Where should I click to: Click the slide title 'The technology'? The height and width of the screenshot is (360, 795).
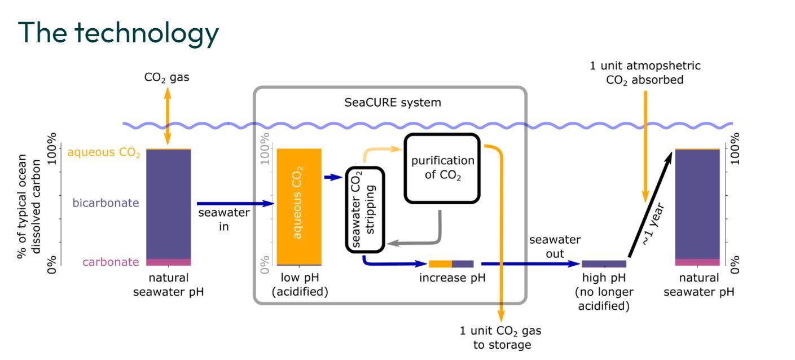(118, 33)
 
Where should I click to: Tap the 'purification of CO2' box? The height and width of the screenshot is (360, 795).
(442, 168)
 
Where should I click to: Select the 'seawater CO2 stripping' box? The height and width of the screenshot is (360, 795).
(364, 209)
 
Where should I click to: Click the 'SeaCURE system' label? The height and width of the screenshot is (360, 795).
(393, 103)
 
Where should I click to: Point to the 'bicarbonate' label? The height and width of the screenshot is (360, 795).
(106, 203)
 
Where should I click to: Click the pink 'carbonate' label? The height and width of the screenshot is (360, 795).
(111, 262)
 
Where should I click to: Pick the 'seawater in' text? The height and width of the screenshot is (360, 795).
(223, 219)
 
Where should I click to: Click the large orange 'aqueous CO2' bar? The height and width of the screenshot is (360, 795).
(298, 206)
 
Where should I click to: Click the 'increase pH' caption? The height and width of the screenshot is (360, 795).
(452, 278)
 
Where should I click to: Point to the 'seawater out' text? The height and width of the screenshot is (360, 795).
(555, 247)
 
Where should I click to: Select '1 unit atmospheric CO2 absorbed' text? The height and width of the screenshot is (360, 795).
(645, 73)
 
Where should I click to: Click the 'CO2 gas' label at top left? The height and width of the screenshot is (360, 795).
(167, 78)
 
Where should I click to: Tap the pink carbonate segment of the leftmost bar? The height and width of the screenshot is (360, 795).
(168, 262)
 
